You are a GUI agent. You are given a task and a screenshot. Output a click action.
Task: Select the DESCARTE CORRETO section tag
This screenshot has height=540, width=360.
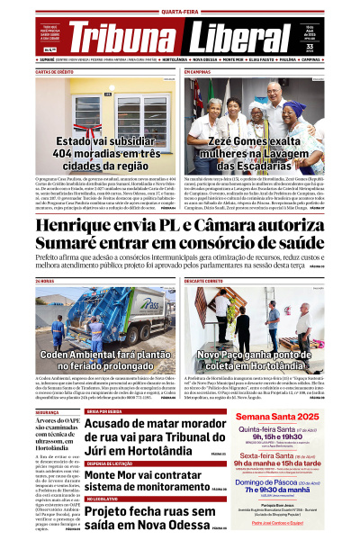(207, 282)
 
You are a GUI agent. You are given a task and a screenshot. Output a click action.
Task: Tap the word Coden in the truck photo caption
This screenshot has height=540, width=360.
(59, 356)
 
